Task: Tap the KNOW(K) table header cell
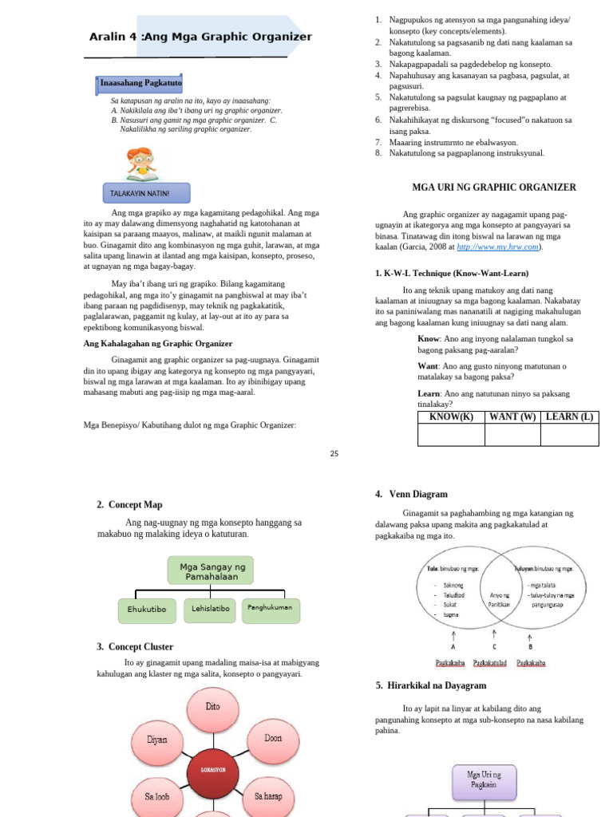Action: (x=451, y=416)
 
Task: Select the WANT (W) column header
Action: (x=512, y=416)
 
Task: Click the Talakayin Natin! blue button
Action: (x=146, y=193)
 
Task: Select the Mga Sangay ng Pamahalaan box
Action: (x=211, y=570)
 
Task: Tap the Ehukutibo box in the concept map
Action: (x=147, y=610)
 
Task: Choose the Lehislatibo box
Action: (x=211, y=609)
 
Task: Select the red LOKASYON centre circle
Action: (x=212, y=770)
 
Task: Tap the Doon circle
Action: (x=273, y=739)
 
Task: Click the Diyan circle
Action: (x=156, y=740)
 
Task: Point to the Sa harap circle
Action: (x=269, y=797)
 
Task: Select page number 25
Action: (x=334, y=453)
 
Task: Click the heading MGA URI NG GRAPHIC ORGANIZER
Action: (x=493, y=187)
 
